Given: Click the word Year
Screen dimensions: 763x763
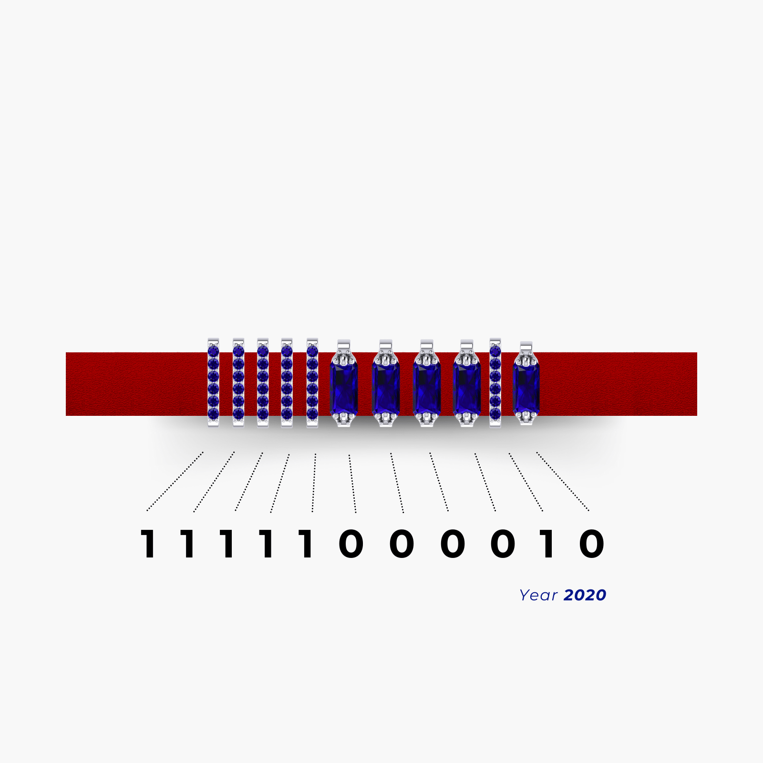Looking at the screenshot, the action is (538, 595).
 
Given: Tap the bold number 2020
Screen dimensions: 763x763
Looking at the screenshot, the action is (585, 595).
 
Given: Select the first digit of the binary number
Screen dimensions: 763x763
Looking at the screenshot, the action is (148, 544).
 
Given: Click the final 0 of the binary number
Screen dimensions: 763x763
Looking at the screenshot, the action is (592, 544).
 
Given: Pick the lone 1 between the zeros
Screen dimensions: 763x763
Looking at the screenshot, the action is (547, 544).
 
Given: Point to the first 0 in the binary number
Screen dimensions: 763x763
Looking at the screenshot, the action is (351, 544).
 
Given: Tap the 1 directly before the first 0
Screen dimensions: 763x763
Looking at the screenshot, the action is (306, 544).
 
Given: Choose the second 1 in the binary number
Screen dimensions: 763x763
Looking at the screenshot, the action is (188, 544).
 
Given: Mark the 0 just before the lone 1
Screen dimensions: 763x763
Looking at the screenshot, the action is (503, 544).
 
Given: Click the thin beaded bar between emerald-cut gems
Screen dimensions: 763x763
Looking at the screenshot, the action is (495, 383).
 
